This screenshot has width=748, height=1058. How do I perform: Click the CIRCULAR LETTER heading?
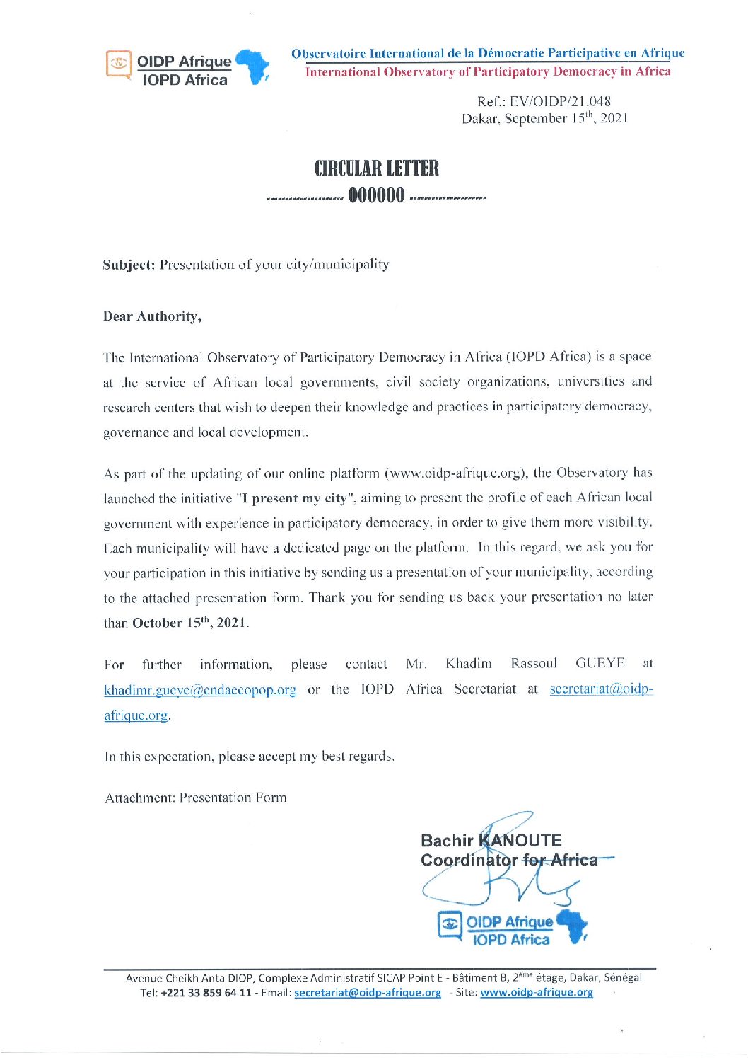click(376, 168)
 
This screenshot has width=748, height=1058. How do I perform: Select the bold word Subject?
click(129, 265)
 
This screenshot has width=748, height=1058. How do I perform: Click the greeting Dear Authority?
click(152, 316)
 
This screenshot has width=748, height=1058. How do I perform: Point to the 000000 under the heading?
click(376, 195)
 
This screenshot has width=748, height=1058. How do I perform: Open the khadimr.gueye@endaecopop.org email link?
click(200, 690)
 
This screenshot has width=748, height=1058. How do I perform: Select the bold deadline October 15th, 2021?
click(189, 623)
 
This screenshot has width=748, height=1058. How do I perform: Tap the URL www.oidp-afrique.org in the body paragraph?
click(456, 473)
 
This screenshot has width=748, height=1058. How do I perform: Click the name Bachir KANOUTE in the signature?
click(491, 840)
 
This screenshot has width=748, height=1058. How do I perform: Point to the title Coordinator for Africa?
click(509, 861)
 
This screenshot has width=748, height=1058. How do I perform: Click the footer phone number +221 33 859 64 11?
click(206, 992)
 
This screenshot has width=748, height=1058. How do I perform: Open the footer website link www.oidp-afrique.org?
click(536, 992)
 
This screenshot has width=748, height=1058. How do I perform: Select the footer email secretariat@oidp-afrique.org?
click(367, 992)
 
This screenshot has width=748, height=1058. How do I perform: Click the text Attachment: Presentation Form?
click(196, 798)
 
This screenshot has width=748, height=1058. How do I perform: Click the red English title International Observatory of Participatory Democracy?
click(488, 71)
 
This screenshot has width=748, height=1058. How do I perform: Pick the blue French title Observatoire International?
click(488, 53)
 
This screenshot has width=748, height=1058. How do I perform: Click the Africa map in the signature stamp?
click(572, 926)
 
